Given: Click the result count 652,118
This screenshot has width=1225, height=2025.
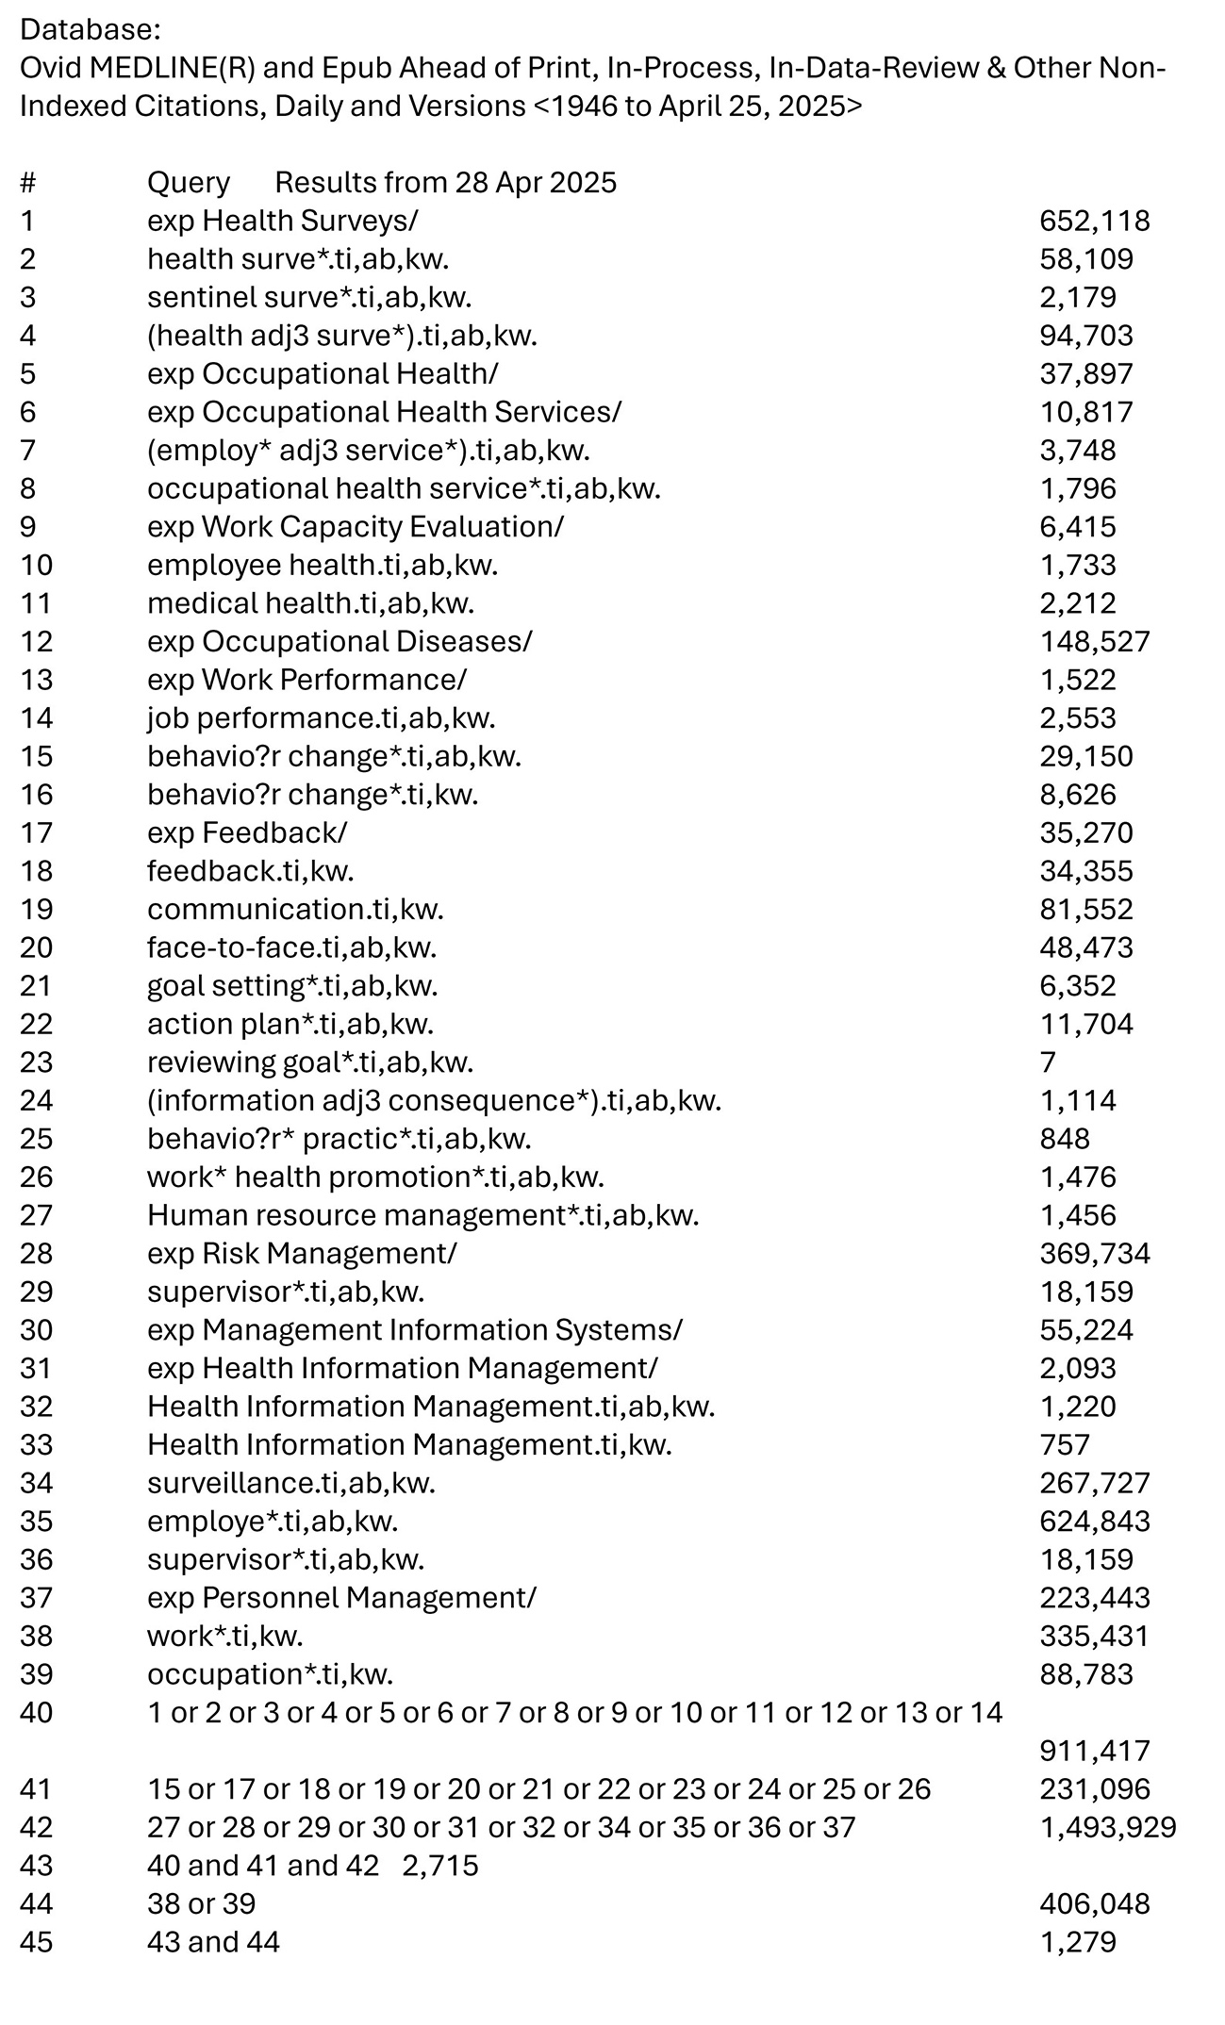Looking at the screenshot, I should click(x=1094, y=221).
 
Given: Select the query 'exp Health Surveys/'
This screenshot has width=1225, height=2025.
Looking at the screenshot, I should click(x=282, y=221).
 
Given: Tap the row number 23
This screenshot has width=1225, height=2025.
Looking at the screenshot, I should click(x=36, y=1062).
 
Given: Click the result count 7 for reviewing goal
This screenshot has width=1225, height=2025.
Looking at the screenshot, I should click(x=1048, y=1062).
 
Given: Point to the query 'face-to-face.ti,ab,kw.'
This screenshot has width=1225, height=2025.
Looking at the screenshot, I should click(x=291, y=947).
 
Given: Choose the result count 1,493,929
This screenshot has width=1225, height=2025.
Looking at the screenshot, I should click(x=1107, y=1827).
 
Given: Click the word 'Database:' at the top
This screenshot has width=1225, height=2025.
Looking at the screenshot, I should click(x=91, y=29).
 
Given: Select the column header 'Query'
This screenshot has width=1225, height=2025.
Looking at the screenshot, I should click(x=188, y=182).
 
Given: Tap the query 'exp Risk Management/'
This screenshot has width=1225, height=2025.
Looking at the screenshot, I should click(x=302, y=1254).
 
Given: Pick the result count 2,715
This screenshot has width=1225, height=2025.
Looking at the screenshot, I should click(x=440, y=1866).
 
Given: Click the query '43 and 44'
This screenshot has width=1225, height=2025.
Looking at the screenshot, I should click(x=213, y=1942).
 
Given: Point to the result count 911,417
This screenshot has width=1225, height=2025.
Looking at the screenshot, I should click(x=1094, y=1751).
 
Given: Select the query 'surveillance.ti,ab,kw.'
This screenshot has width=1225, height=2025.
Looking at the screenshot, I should click(x=291, y=1483).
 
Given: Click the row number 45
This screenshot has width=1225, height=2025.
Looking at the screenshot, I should click(x=36, y=1942).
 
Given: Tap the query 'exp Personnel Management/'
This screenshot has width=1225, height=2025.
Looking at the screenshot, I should click(x=341, y=1598).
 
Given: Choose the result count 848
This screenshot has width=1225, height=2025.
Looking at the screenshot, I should click(x=1065, y=1139).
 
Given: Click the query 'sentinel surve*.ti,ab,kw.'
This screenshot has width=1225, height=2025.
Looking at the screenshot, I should click(x=309, y=297).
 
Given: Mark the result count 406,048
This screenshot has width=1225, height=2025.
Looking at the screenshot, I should click(x=1094, y=1903).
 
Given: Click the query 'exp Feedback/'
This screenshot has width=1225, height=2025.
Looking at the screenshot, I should click(x=247, y=832).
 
